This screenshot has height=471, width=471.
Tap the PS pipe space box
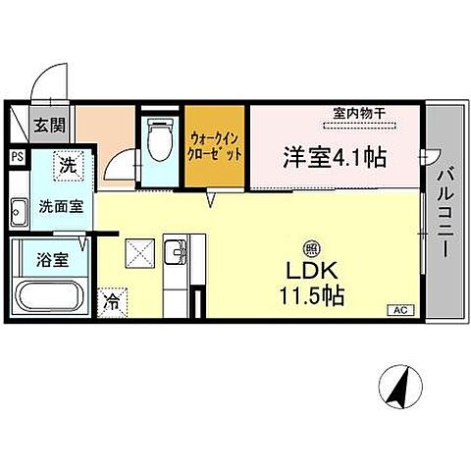17,155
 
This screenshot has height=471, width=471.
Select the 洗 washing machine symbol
67,167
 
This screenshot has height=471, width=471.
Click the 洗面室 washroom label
53,207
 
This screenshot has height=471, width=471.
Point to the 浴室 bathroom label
39,263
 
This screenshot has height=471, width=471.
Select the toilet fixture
158,138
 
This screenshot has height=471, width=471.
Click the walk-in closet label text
215,148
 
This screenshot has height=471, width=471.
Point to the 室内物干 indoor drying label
357,113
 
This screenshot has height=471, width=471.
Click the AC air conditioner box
399,309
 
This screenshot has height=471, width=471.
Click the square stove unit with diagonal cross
138,254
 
